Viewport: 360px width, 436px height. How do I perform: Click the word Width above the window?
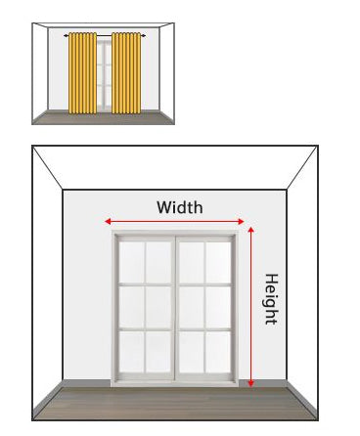[180, 207]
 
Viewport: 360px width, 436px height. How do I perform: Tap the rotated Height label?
[271, 298]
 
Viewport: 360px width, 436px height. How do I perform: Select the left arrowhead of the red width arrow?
[108, 222]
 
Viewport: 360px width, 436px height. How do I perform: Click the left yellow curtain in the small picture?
[82, 74]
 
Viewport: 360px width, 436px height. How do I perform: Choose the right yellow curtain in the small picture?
[126, 74]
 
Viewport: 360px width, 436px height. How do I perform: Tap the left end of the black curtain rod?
[65, 35]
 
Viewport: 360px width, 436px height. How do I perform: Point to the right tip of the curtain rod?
[145, 35]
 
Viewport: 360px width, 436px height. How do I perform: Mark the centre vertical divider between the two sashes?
[176, 308]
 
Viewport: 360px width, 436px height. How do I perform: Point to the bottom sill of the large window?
[176, 384]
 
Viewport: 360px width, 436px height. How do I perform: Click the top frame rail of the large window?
[176, 235]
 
